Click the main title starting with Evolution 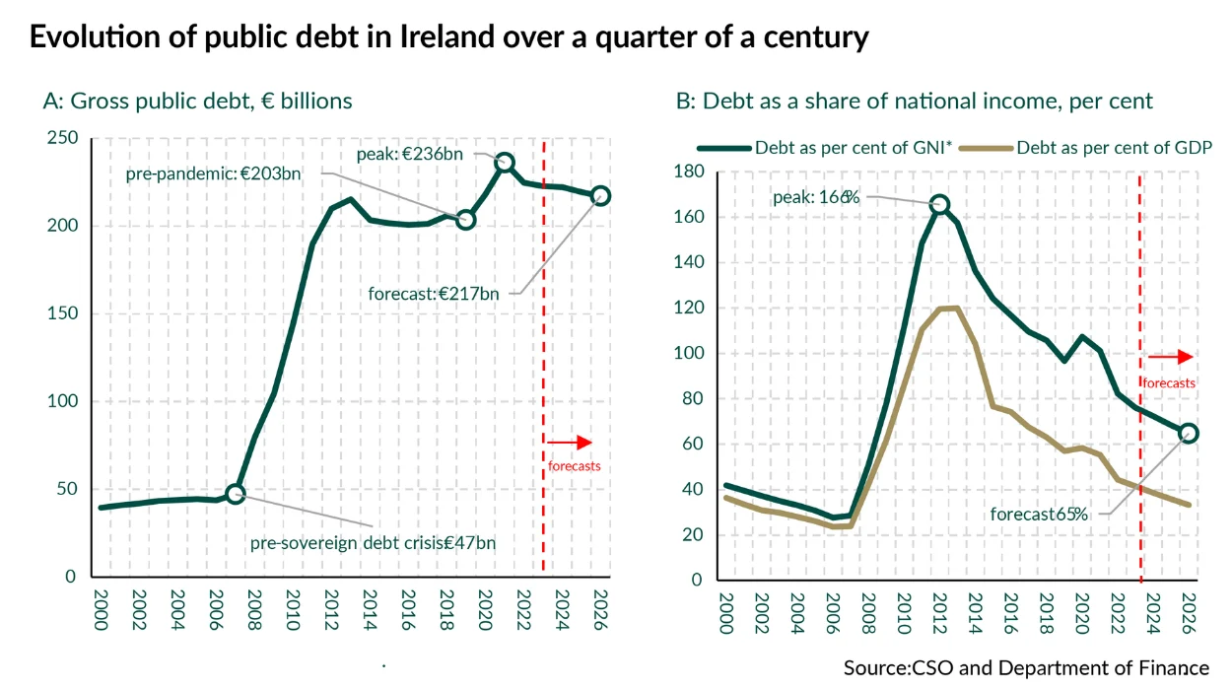(448, 37)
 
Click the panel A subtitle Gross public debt (197, 101)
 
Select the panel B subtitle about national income (914, 101)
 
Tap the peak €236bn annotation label (411, 155)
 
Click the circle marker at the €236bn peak (504, 163)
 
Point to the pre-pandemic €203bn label (213, 174)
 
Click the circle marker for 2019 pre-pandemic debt (466, 219)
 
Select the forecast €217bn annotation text (434, 294)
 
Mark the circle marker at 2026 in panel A (600, 195)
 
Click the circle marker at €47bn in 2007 (235, 494)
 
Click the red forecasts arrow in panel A (570, 443)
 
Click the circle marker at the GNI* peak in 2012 (940, 204)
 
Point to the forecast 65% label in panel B (1039, 514)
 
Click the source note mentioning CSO (1026, 667)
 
